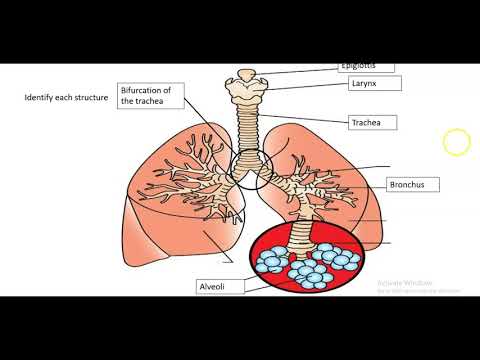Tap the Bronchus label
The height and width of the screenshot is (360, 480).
(x=406, y=185)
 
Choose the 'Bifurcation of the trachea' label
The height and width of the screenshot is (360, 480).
(x=146, y=95)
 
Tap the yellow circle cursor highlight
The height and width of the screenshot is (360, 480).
(x=456, y=143)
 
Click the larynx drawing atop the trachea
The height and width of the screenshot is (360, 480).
(x=245, y=88)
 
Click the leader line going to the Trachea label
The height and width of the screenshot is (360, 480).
(x=300, y=121)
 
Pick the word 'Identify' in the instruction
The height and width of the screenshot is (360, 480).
(x=42, y=99)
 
